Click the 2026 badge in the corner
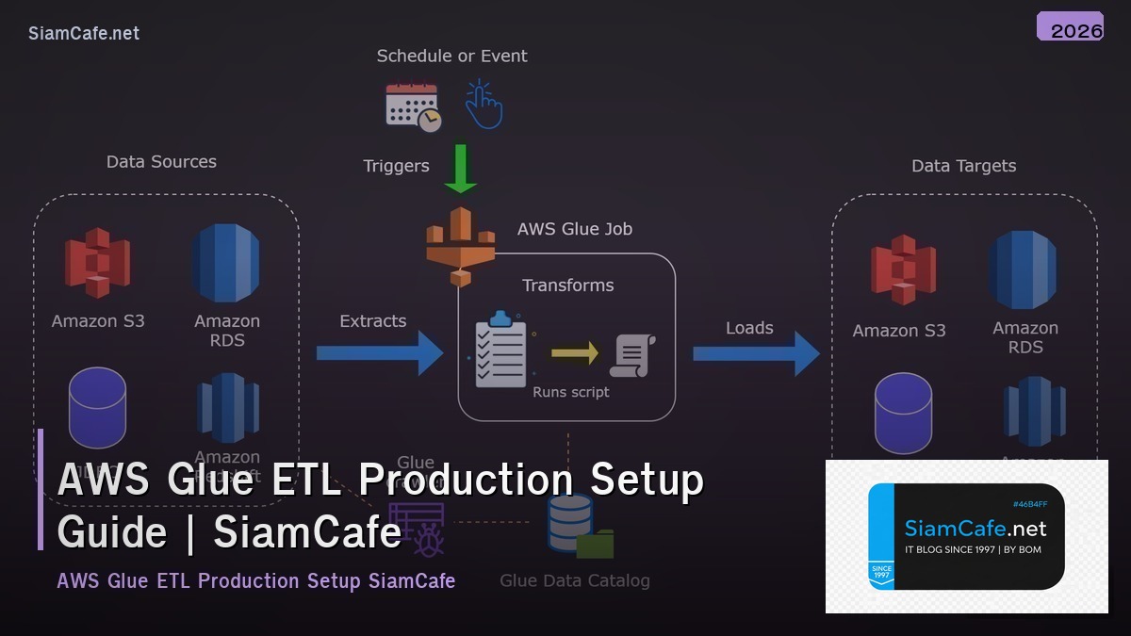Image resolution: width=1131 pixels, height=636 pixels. [x=1070, y=27]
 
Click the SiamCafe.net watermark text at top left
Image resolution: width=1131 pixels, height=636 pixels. [x=84, y=33]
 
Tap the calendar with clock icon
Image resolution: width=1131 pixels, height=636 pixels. [x=413, y=106]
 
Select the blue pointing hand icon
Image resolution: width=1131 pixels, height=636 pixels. [x=484, y=105]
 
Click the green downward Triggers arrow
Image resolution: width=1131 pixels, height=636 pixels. [x=461, y=169]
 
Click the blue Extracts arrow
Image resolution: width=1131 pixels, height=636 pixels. [x=379, y=353]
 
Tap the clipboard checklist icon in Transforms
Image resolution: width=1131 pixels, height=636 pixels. [x=500, y=351]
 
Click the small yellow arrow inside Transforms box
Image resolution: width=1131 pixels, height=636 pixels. [x=575, y=353]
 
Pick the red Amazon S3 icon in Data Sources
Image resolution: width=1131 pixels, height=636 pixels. [x=97, y=263]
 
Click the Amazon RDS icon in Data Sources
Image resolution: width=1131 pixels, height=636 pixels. [x=225, y=263]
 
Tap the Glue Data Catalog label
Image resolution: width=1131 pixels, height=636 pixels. [x=574, y=580]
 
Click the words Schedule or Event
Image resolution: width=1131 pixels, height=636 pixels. [x=451, y=56]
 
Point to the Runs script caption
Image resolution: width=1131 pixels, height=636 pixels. [x=571, y=392]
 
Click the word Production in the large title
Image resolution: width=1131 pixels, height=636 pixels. [x=465, y=481]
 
